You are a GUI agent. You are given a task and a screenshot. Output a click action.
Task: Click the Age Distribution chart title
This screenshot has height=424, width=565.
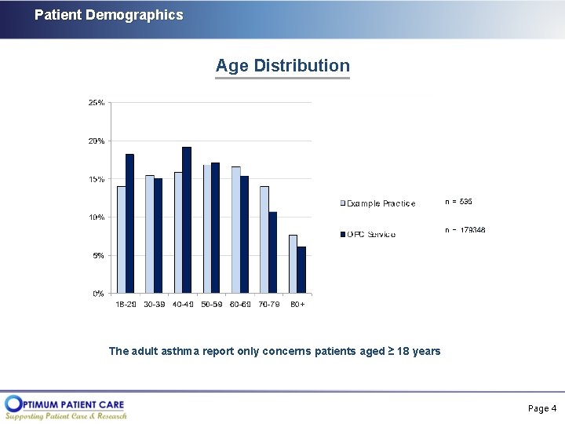tap(282, 66)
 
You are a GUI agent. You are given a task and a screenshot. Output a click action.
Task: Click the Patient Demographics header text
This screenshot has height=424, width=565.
tap(108, 15)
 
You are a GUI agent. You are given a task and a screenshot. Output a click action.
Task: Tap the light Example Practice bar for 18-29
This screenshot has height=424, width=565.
tap(122, 239)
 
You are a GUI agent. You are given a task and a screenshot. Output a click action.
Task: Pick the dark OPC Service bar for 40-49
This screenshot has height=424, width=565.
tap(187, 220)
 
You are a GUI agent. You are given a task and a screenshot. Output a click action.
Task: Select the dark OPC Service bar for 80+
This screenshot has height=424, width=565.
tap(301, 270)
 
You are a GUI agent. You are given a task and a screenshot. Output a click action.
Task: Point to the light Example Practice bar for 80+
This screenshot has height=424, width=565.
tap(293, 264)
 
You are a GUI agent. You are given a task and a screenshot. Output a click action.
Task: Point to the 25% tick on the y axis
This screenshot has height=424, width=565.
tap(97, 103)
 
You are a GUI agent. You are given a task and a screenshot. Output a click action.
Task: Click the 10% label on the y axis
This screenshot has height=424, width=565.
tap(97, 217)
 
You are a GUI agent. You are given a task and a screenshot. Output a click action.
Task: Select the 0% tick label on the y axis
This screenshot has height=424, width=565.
tap(98, 294)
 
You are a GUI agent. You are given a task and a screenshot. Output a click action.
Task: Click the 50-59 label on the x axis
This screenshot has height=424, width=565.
tap(212, 305)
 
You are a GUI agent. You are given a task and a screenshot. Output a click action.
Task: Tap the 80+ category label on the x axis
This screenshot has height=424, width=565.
tap(297, 305)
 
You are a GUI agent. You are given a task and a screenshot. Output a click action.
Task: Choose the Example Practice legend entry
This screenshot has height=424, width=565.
tap(378, 204)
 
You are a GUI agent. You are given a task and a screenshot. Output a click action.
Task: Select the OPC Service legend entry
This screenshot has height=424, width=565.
tap(368, 234)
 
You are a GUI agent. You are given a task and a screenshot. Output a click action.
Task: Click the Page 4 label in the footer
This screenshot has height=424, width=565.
tap(542, 408)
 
